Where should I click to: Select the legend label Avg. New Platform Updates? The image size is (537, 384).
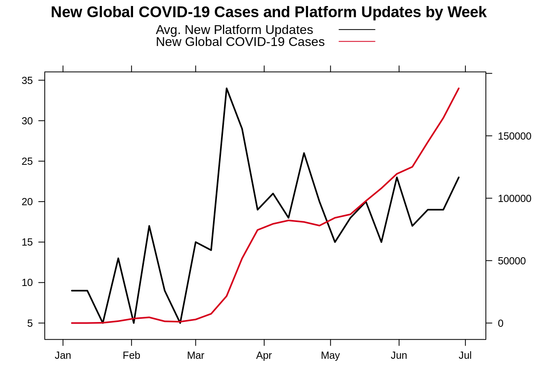tap(234, 30)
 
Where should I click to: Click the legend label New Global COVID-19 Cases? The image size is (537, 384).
tap(240, 42)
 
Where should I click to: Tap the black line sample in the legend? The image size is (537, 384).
tap(357, 30)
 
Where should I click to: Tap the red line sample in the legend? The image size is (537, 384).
tap(357, 41)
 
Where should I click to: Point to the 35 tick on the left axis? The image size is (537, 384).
tap(27, 80)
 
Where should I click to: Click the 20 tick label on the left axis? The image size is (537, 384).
tap(27, 202)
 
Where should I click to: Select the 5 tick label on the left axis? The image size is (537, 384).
tap(30, 323)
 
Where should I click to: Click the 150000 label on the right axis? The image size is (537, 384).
tap(514, 136)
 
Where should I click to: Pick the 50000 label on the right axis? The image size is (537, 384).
tap(511, 261)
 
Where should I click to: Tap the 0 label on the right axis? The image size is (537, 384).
tap(500, 324)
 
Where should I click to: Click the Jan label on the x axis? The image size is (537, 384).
tap(63, 355)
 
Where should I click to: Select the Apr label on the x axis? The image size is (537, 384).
tap(264, 355)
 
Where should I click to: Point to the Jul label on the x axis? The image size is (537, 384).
tap(465, 355)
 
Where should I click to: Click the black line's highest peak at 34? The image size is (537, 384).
tap(227, 88)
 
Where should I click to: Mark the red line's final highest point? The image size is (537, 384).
tap(459, 88)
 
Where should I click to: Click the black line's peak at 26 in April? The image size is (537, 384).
tap(304, 153)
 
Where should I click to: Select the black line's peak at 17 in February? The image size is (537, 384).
tap(149, 226)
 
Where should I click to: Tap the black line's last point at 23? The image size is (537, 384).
tap(459, 177)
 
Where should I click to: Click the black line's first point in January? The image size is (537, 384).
tap(72, 290)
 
